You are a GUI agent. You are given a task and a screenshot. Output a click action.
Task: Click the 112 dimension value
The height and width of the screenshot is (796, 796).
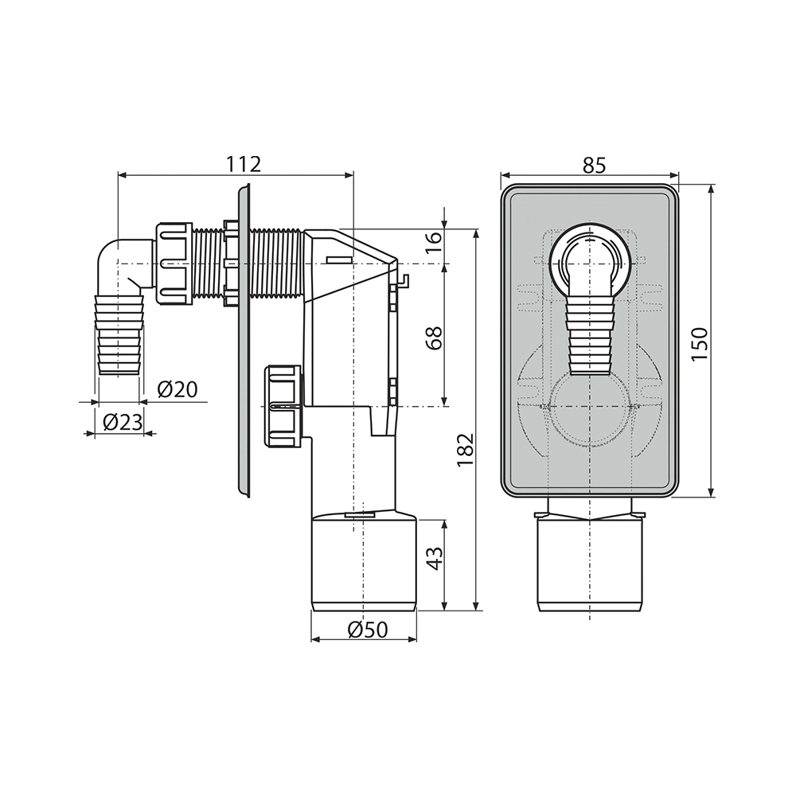[x=243, y=164]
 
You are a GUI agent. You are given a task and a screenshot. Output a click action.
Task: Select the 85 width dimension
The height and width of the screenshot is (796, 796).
[x=594, y=165]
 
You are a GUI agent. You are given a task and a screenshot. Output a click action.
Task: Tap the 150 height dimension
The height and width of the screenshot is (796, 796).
[x=699, y=344]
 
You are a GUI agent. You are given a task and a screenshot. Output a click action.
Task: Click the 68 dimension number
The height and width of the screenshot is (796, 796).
[x=434, y=337]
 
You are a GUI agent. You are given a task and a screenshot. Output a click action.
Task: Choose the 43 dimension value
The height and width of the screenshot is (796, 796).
[x=434, y=559]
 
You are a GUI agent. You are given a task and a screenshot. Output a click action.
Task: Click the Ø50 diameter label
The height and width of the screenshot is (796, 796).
[x=368, y=630]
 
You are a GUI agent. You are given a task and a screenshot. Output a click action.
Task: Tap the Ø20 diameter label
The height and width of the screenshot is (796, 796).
[x=178, y=389]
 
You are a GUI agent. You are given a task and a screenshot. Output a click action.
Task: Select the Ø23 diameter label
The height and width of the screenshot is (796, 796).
[x=123, y=422]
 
